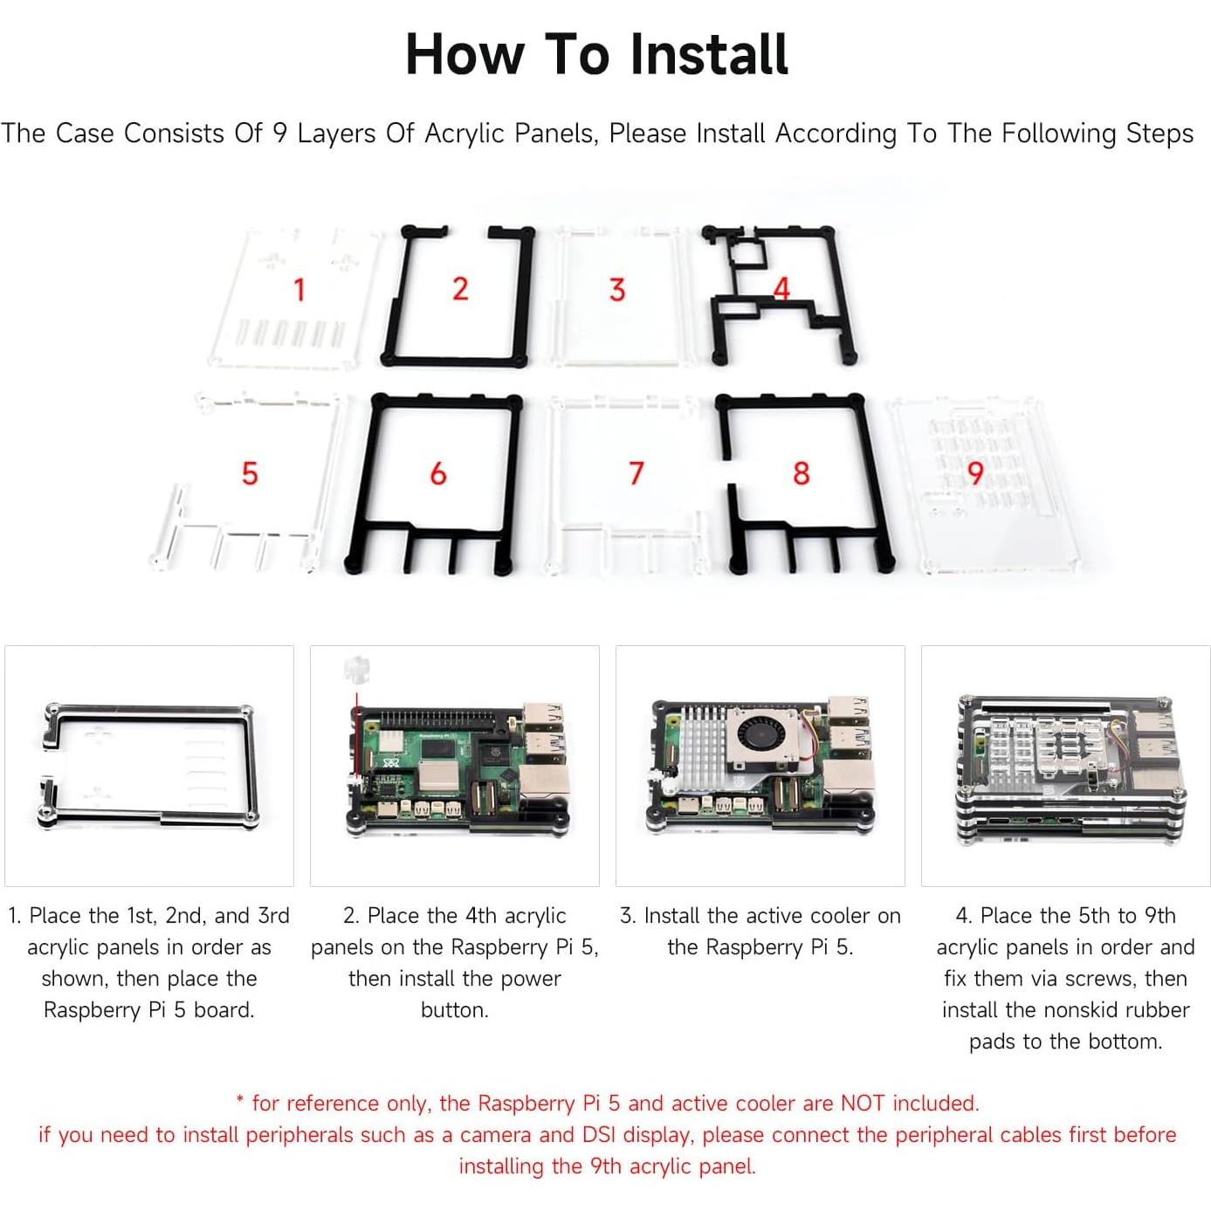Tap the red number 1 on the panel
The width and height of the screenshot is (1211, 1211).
point(299,289)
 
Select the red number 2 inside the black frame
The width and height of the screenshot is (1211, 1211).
point(460,289)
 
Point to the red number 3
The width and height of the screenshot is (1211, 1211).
point(617,290)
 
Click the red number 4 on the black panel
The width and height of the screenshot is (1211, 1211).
point(781,288)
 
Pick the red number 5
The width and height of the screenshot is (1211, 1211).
point(250,473)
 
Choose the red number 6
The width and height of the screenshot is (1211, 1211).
point(438,473)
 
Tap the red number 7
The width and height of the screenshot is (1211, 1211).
point(636,473)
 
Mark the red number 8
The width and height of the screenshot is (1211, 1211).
point(801,473)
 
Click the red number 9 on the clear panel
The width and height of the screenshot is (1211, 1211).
point(975,473)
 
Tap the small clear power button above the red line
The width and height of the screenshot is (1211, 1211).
point(355,670)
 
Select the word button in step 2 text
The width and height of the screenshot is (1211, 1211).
point(454,1010)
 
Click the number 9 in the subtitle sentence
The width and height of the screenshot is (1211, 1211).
point(279,134)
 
